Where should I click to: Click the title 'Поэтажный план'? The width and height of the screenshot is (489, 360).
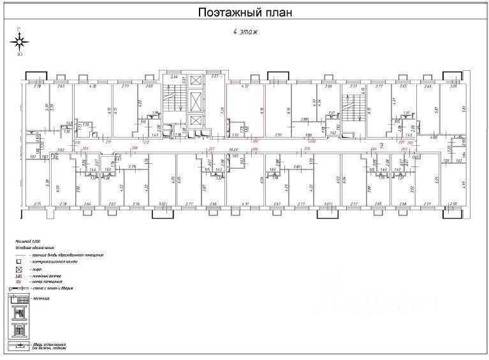(244, 13)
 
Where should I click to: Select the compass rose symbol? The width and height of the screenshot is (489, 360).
(20, 42)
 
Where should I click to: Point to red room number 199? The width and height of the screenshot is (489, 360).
(256, 141)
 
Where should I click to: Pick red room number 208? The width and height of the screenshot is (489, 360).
(135, 148)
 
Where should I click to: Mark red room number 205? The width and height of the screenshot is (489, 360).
(307, 148)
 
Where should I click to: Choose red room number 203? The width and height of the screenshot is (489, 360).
(404, 148)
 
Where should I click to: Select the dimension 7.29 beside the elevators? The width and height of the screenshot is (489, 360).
(223, 110)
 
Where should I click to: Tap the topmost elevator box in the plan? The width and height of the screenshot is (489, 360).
(195, 81)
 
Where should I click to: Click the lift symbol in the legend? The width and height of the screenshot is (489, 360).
(19, 268)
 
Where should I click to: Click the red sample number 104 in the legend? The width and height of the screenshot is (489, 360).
(18, 281)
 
